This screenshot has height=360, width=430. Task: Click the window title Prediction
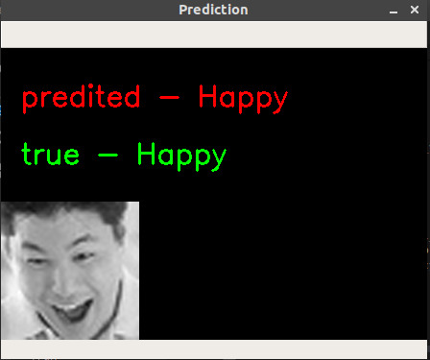coord(213,10)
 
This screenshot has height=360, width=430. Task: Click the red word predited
coord(81,98)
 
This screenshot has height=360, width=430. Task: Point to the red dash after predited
coord(169,98)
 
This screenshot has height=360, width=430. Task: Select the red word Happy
coord(243,99)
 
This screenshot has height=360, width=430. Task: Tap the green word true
coord(50,155)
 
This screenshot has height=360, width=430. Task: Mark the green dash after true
coord(107,155)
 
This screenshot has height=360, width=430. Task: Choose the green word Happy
coord(181,156)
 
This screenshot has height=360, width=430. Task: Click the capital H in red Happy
coord(208,97)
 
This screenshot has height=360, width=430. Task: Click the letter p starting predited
coord(30,101)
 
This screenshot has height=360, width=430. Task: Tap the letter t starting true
coord(27,154)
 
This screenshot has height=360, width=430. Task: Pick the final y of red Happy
coord(279,102)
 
